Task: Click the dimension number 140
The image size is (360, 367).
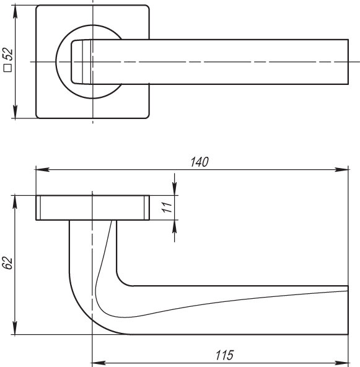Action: coord(199,162)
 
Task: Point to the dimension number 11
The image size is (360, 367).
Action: coord(166,208)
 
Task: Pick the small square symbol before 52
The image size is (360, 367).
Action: coord(8,71)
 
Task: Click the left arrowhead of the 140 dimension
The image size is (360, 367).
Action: coord(41,169)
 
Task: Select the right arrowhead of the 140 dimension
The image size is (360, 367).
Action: coord(343,169)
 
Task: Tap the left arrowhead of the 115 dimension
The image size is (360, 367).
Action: coord(97,361)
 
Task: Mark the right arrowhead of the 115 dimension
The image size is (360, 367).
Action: coord(343,361)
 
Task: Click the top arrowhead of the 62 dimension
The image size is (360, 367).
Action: coord(14,200)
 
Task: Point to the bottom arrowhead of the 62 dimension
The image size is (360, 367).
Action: coord(14,330)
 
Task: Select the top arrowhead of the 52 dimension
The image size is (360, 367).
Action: coord(14,11)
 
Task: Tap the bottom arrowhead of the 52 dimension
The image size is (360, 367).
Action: coord(14,113)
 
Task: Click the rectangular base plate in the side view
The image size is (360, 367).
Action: coord(92,207)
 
